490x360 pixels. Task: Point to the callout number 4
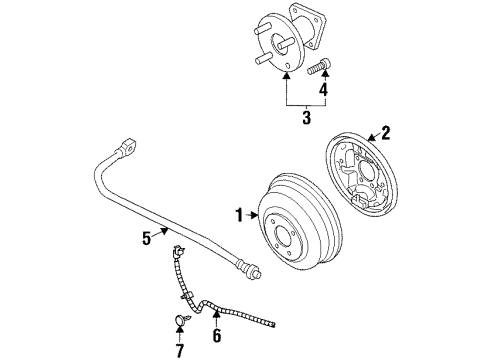point(322,89)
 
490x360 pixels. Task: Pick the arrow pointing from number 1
point(254,213)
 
